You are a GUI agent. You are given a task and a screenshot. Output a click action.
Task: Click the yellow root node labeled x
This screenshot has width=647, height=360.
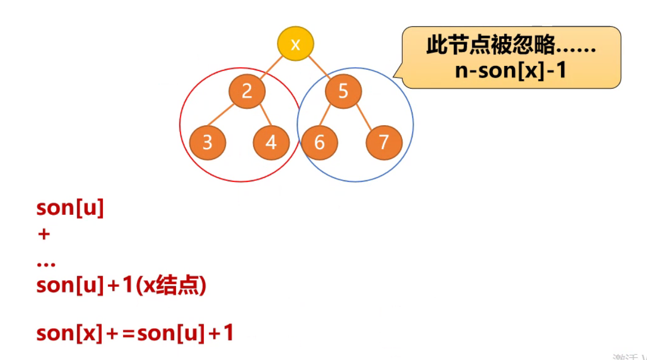[295, 44]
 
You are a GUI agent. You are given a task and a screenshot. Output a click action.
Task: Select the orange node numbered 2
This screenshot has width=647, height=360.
[246, 92]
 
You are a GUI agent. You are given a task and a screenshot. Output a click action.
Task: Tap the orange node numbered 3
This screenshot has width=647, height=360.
[208, 142]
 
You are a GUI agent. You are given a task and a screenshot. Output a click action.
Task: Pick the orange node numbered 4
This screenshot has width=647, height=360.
[271, 142]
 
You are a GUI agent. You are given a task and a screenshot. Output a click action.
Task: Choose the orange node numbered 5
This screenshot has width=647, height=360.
[343, 92]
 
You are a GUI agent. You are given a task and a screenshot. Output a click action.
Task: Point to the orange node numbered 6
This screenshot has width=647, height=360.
[319, 142]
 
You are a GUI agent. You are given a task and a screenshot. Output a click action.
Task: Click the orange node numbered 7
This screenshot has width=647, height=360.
[384, 142]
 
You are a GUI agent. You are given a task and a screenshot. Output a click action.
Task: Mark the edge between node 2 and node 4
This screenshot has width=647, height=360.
[259, 117]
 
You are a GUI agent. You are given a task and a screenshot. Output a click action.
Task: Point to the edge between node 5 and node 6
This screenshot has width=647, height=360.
[331, 117]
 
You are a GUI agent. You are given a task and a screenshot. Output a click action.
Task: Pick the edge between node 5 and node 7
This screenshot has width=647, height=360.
[363, 117]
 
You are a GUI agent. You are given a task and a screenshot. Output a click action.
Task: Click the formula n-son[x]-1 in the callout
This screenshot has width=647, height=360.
[511, 70]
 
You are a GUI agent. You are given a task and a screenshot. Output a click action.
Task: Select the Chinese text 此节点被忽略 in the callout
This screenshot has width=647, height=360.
[490, 46]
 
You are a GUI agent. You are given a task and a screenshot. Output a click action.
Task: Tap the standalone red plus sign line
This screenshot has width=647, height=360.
[44, 234]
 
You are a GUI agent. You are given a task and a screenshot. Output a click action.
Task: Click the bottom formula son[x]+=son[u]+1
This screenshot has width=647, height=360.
[135, 333]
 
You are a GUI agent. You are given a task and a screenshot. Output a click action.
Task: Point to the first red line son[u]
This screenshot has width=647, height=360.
[70, 208]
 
